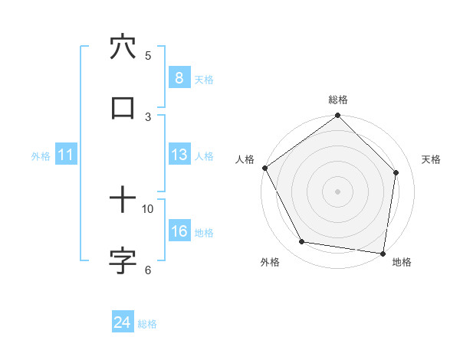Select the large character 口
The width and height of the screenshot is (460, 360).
[123, 108]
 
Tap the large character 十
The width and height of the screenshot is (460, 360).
[123, 201]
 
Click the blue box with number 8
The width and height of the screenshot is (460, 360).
[179, 78]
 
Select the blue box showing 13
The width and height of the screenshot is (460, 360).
[179, 155]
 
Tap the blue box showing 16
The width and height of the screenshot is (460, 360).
[179, 232]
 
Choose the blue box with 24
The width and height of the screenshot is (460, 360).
[122, 323]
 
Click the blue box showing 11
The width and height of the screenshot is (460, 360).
[66, 155]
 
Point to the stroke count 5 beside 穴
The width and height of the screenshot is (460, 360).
[148, 55]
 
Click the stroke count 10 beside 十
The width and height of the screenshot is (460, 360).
[148, 208]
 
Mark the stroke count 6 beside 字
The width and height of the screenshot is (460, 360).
[148, 269]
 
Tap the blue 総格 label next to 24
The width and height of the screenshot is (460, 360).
[147, 324]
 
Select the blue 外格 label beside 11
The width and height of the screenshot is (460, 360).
[41, 156]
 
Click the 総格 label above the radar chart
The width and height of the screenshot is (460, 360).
[338, 100]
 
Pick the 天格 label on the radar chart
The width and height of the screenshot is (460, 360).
[431, 159]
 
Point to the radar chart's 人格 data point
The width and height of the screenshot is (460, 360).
[264, 168]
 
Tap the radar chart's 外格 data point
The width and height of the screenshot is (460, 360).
[302, 242]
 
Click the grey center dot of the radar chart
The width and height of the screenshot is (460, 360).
[338, 191]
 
